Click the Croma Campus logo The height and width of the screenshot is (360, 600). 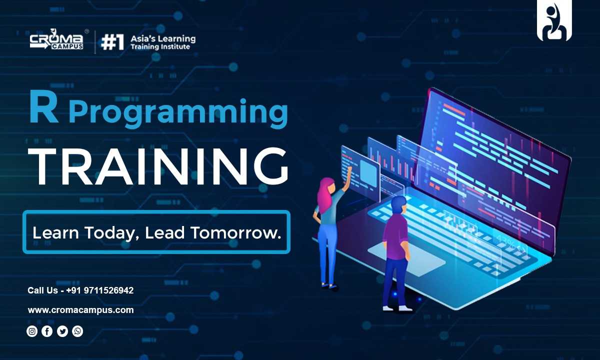click(x=56, y=39)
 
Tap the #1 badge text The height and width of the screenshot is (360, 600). click(x=112, y=42)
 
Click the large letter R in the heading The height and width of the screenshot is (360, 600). click(x=43, y=107)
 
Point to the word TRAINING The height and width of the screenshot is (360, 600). click(x=158, y=166)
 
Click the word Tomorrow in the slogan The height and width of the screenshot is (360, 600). click(x=235, y=232)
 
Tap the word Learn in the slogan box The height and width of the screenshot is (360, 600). click(x=55, y=232)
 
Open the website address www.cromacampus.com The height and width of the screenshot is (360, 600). click(x=80, y=310)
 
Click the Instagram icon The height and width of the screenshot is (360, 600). click(x=32, y=331)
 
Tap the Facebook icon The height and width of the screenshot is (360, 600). click(x=47, y=331)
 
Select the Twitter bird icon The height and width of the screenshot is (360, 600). click(x=62, y=331)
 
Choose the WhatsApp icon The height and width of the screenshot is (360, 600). click(x=77, y=331)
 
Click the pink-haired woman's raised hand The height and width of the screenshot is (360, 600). click(x=349, y=169)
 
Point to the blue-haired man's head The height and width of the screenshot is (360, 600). click(x=398, y=205)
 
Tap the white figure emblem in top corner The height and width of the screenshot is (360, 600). click(x=554, y=21)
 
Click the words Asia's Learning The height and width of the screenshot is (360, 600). click(x=163, y=39)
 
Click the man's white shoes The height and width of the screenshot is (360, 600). click(x=397, y=308)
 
